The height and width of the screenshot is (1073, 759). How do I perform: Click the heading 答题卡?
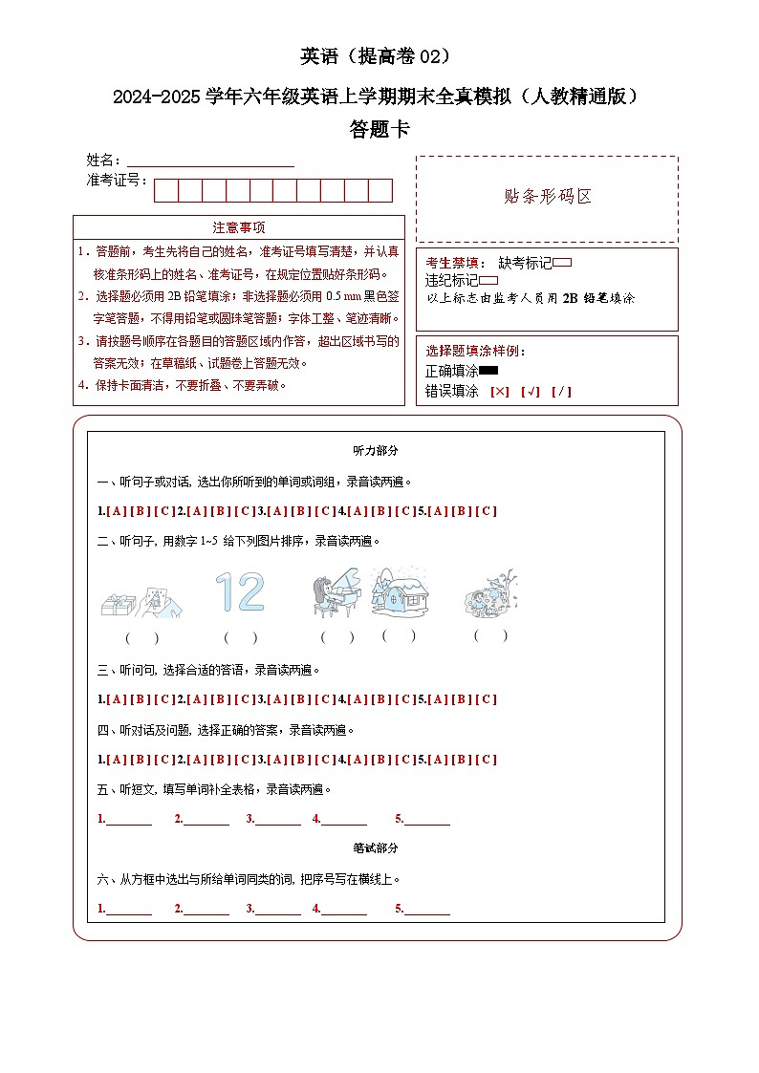point(379,130)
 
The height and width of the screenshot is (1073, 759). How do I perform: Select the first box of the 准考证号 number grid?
point(166,190)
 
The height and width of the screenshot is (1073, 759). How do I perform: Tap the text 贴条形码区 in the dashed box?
point(548,197)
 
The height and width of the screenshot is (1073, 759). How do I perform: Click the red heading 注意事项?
point(239,227)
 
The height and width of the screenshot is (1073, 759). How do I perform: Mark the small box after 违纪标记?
point(488,280)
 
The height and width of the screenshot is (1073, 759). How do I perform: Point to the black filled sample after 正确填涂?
point(488,371)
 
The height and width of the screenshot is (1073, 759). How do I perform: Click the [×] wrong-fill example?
point(500,391)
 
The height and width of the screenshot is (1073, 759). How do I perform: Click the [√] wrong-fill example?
point(531,391)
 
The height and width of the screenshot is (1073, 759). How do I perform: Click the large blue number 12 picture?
point(239,592)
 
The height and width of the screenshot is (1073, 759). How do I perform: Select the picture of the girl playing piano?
point(336,593)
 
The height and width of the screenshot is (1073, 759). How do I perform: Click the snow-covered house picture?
point(400,592)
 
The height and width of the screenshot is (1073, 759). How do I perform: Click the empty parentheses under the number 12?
point(240,636)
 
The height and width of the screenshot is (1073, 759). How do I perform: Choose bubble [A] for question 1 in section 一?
point(116,511)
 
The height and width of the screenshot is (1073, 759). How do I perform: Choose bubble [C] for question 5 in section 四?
point(487,760)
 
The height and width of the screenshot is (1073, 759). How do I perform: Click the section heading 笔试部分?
point(376,848)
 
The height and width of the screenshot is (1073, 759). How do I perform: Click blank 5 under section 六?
point(426,909)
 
